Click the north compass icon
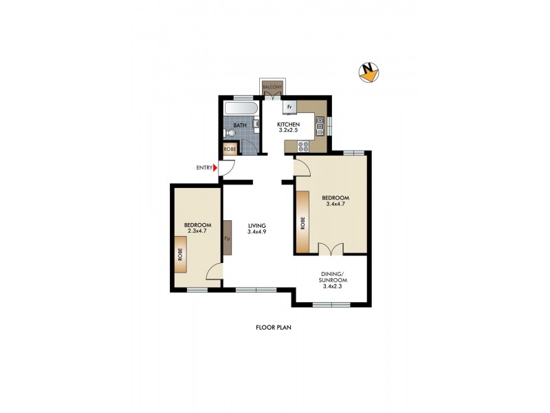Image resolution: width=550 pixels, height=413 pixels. coord(370,72)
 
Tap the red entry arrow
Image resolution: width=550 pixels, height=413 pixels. coord(215,167)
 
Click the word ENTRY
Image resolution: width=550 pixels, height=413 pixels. coord(204,167)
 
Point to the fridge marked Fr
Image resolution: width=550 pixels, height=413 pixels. coord(289,107)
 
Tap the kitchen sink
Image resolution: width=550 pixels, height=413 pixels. coord(320,125)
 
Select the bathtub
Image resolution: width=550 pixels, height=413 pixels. coord(240,109)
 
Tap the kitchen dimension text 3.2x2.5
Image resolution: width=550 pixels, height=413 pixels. coord(287,131)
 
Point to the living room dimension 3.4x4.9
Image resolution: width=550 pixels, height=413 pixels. coord(257,232)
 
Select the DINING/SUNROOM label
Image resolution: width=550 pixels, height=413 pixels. coord(332,279)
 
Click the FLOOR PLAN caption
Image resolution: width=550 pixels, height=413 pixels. coord(274,328)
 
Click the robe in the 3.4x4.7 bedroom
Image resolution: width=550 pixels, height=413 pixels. coord(302,224)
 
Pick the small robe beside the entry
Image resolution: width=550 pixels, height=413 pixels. coord(229,149)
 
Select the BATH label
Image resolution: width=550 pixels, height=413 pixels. coord(239,125)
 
